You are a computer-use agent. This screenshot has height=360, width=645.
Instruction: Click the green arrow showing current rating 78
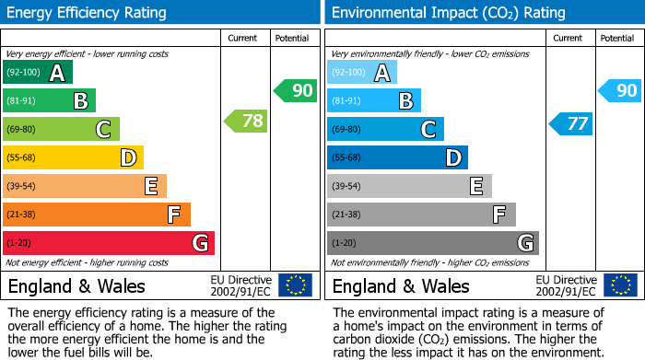[245, 121]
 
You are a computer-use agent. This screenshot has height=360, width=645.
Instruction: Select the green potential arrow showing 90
[295, 90]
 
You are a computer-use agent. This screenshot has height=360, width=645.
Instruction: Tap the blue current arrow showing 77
[570, 123]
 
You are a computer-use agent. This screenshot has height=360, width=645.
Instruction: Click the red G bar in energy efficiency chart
[109, 243]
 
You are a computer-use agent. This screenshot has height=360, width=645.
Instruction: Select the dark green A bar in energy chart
[38, 73]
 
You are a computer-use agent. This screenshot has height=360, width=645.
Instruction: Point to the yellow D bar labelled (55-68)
[73, 158]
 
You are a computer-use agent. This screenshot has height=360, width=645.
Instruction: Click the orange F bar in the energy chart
[97, 215]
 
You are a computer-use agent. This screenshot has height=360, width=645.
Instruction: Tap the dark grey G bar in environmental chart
[432, 243]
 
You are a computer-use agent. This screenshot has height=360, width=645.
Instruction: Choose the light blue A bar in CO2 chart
[362, 73]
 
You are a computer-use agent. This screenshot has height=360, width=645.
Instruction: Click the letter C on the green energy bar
[104, 130]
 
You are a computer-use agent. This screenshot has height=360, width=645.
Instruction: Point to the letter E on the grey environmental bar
[476, 187]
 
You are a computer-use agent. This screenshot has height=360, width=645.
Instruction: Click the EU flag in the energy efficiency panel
[295, 285]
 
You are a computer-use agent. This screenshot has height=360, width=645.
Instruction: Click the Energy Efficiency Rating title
[88, 13]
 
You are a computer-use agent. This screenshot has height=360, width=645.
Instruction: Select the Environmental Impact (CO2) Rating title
[448, 13]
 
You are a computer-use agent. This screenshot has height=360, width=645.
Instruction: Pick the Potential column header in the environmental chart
[617, 38]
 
